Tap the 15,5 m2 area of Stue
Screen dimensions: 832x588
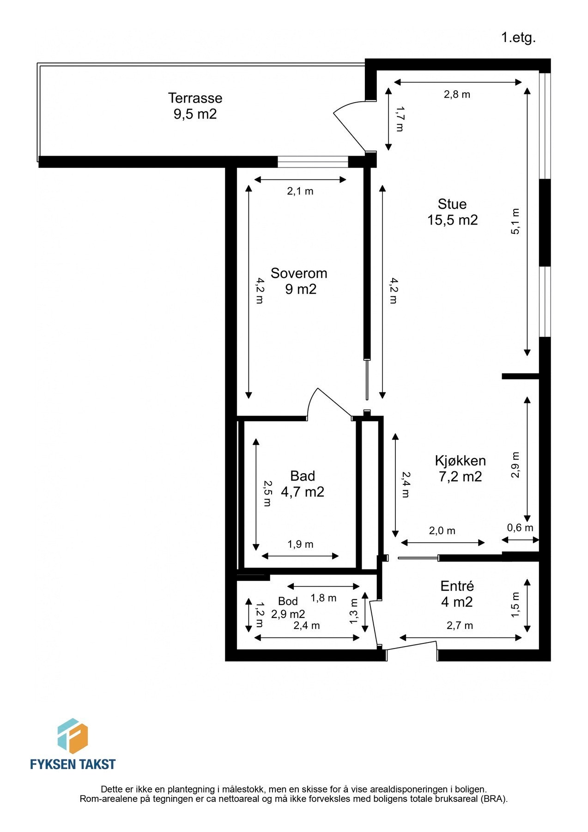click(452, 220)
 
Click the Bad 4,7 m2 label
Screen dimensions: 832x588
click(303, 484)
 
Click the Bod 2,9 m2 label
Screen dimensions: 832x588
click(288, 608)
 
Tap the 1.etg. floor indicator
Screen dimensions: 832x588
click(518, 37)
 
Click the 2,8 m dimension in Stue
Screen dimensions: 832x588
click(457, 95)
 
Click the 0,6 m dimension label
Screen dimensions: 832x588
click(520, 527)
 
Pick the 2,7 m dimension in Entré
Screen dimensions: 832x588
click(460, 625)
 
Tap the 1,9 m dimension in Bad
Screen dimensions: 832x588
click(300, 544)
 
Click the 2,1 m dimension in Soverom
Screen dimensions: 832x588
click(300, 191)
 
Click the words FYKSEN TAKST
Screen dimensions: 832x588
click(73, 764)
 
